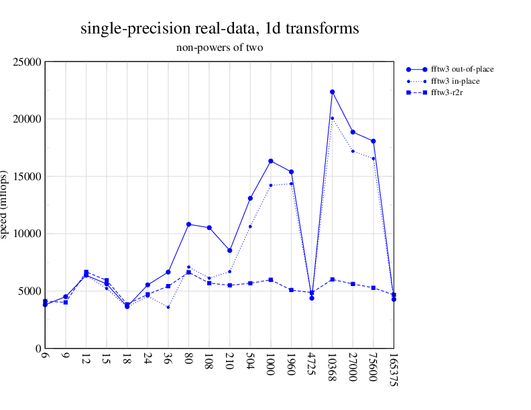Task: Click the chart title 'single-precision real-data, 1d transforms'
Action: pyautogui.click(x=219, y=29)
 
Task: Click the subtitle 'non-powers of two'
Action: pyautogui.click(x=219, y=48)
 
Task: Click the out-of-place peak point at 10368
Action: pyautogui.click(x=332, y=92)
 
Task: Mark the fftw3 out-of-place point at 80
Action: pyautogui.click(x=189, y=224)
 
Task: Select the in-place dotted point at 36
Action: pyautogui.click(x=168, y=307)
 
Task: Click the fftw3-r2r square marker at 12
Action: pyautogui.click(x=86, y=273)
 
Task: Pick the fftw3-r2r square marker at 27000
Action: pyautogui.click(x=353, y=284)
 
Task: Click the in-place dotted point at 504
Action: pyautogui.click(x=250, y=226)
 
